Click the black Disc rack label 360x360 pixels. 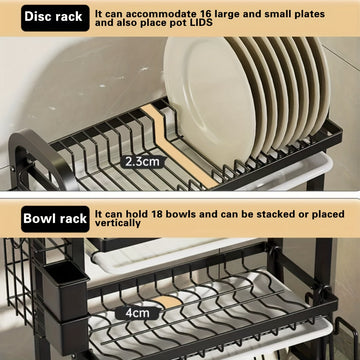[55, 17]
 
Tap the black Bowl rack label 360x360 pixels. [55, 219]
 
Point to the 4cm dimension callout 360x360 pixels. [138, 313]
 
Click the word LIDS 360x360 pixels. [201, 23]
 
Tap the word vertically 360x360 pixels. [118, 223]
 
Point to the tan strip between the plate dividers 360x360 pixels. [179, 147]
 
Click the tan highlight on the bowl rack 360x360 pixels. [168, 301]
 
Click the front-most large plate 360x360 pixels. [209, 100]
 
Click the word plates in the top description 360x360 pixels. [308, 14]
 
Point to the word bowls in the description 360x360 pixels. [181, 214]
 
